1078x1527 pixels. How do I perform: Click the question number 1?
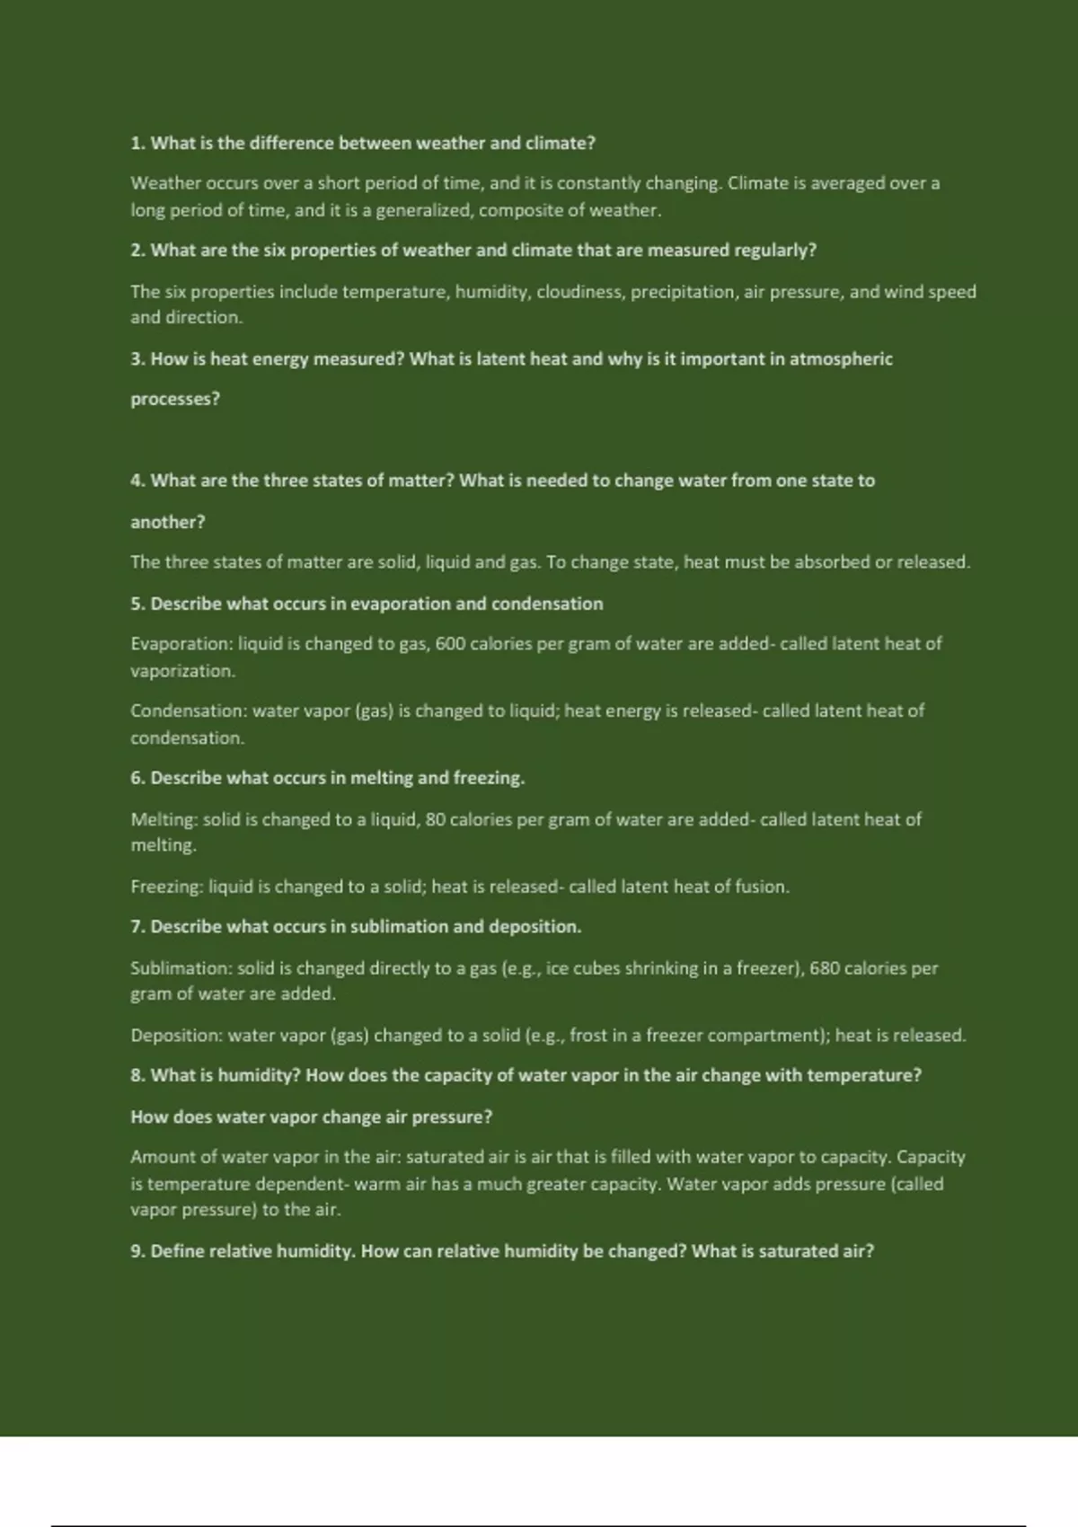point(137,144)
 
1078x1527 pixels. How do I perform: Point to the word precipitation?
point(682,292)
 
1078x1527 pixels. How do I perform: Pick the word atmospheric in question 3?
point(841,359)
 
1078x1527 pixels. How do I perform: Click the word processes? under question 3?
point(175,400)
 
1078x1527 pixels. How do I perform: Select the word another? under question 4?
point(168,522)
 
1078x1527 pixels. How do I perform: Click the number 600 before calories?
point(450,644)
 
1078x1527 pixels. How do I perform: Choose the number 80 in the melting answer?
point(435,819)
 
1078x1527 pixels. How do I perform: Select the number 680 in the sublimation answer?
point(825,968)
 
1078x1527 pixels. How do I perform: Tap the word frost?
point(588,1036)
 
